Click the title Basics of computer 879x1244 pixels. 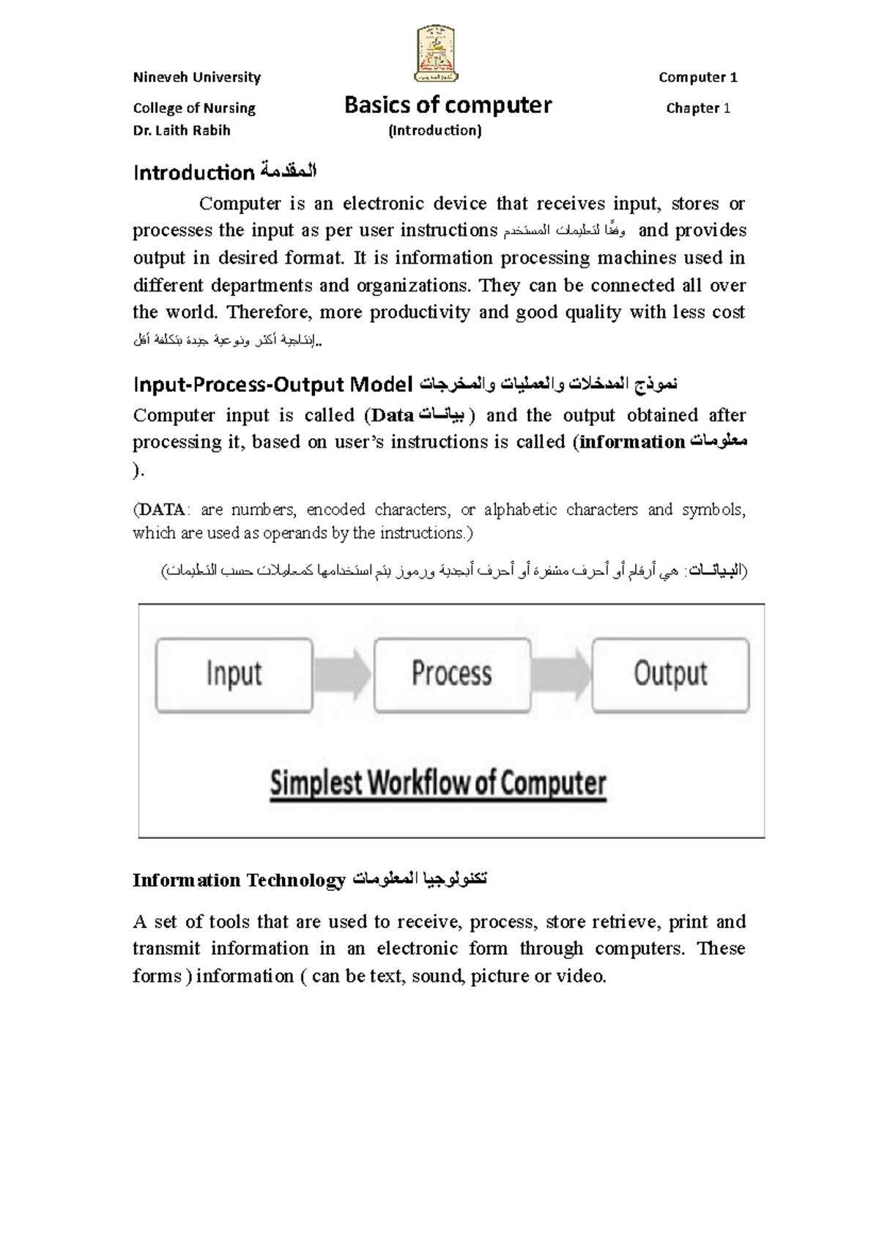(x=448, y=106)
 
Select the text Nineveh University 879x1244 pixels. (x=196, y=78)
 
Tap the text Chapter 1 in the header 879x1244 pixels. (x=697, y=108)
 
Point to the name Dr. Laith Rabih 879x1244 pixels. (x=182, y=130)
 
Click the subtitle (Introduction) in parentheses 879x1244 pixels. (x=434, y=130)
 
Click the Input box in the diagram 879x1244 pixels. (x=234, y=674)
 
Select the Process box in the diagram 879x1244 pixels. (x=452, y=674)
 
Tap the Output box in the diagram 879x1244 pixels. (x=670, y=674)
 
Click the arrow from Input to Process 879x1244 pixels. (x=343, y=674)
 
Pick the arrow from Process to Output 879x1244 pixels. (x=561, y=674)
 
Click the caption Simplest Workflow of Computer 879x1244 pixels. (x=438, y=784)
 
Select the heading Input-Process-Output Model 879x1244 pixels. (x=273, y=384)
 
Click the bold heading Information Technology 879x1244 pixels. (x=239, y=880)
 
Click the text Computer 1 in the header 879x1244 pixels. (x=697, y=78)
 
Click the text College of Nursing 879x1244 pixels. (x=194, y=108)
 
